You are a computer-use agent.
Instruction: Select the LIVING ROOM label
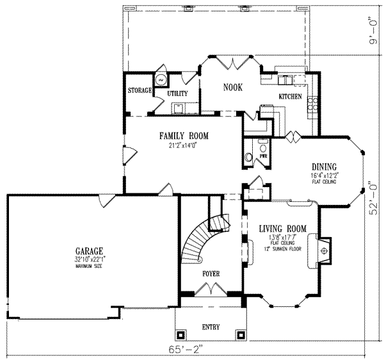pos(282,229)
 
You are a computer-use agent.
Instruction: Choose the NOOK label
pos(232,87)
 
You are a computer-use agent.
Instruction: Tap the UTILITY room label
pos(177,94)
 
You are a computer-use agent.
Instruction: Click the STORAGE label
pos(140,90)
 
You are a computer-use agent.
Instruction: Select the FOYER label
pos(211,274)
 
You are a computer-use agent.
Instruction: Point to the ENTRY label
pos(211,327)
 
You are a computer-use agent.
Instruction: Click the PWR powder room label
pos(263,156)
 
